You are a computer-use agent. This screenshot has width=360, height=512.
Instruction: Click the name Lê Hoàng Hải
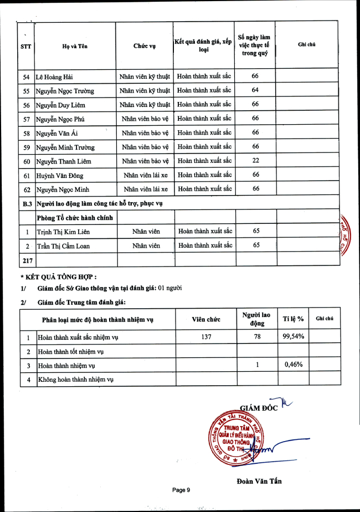(54, 76)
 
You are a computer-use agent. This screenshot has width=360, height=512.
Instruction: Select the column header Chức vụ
(145, 46)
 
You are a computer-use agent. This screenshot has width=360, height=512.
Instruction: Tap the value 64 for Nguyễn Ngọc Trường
(255, 90)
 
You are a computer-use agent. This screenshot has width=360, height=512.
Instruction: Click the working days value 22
(255, 161)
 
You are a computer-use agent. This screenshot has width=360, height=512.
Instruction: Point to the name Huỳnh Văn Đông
(58, 175)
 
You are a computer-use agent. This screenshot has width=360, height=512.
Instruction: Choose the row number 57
(26, 119)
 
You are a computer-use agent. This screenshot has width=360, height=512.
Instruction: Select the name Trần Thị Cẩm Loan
(63, 246)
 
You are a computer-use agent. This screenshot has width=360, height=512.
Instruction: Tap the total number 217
(26, 260)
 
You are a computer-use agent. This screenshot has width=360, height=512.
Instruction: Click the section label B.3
(26, 204)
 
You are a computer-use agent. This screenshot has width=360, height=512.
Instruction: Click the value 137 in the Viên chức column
(206, 336)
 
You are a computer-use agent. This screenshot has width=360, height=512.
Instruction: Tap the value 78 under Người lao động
(257, 336)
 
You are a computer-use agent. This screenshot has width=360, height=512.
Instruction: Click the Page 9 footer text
(181, 490)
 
